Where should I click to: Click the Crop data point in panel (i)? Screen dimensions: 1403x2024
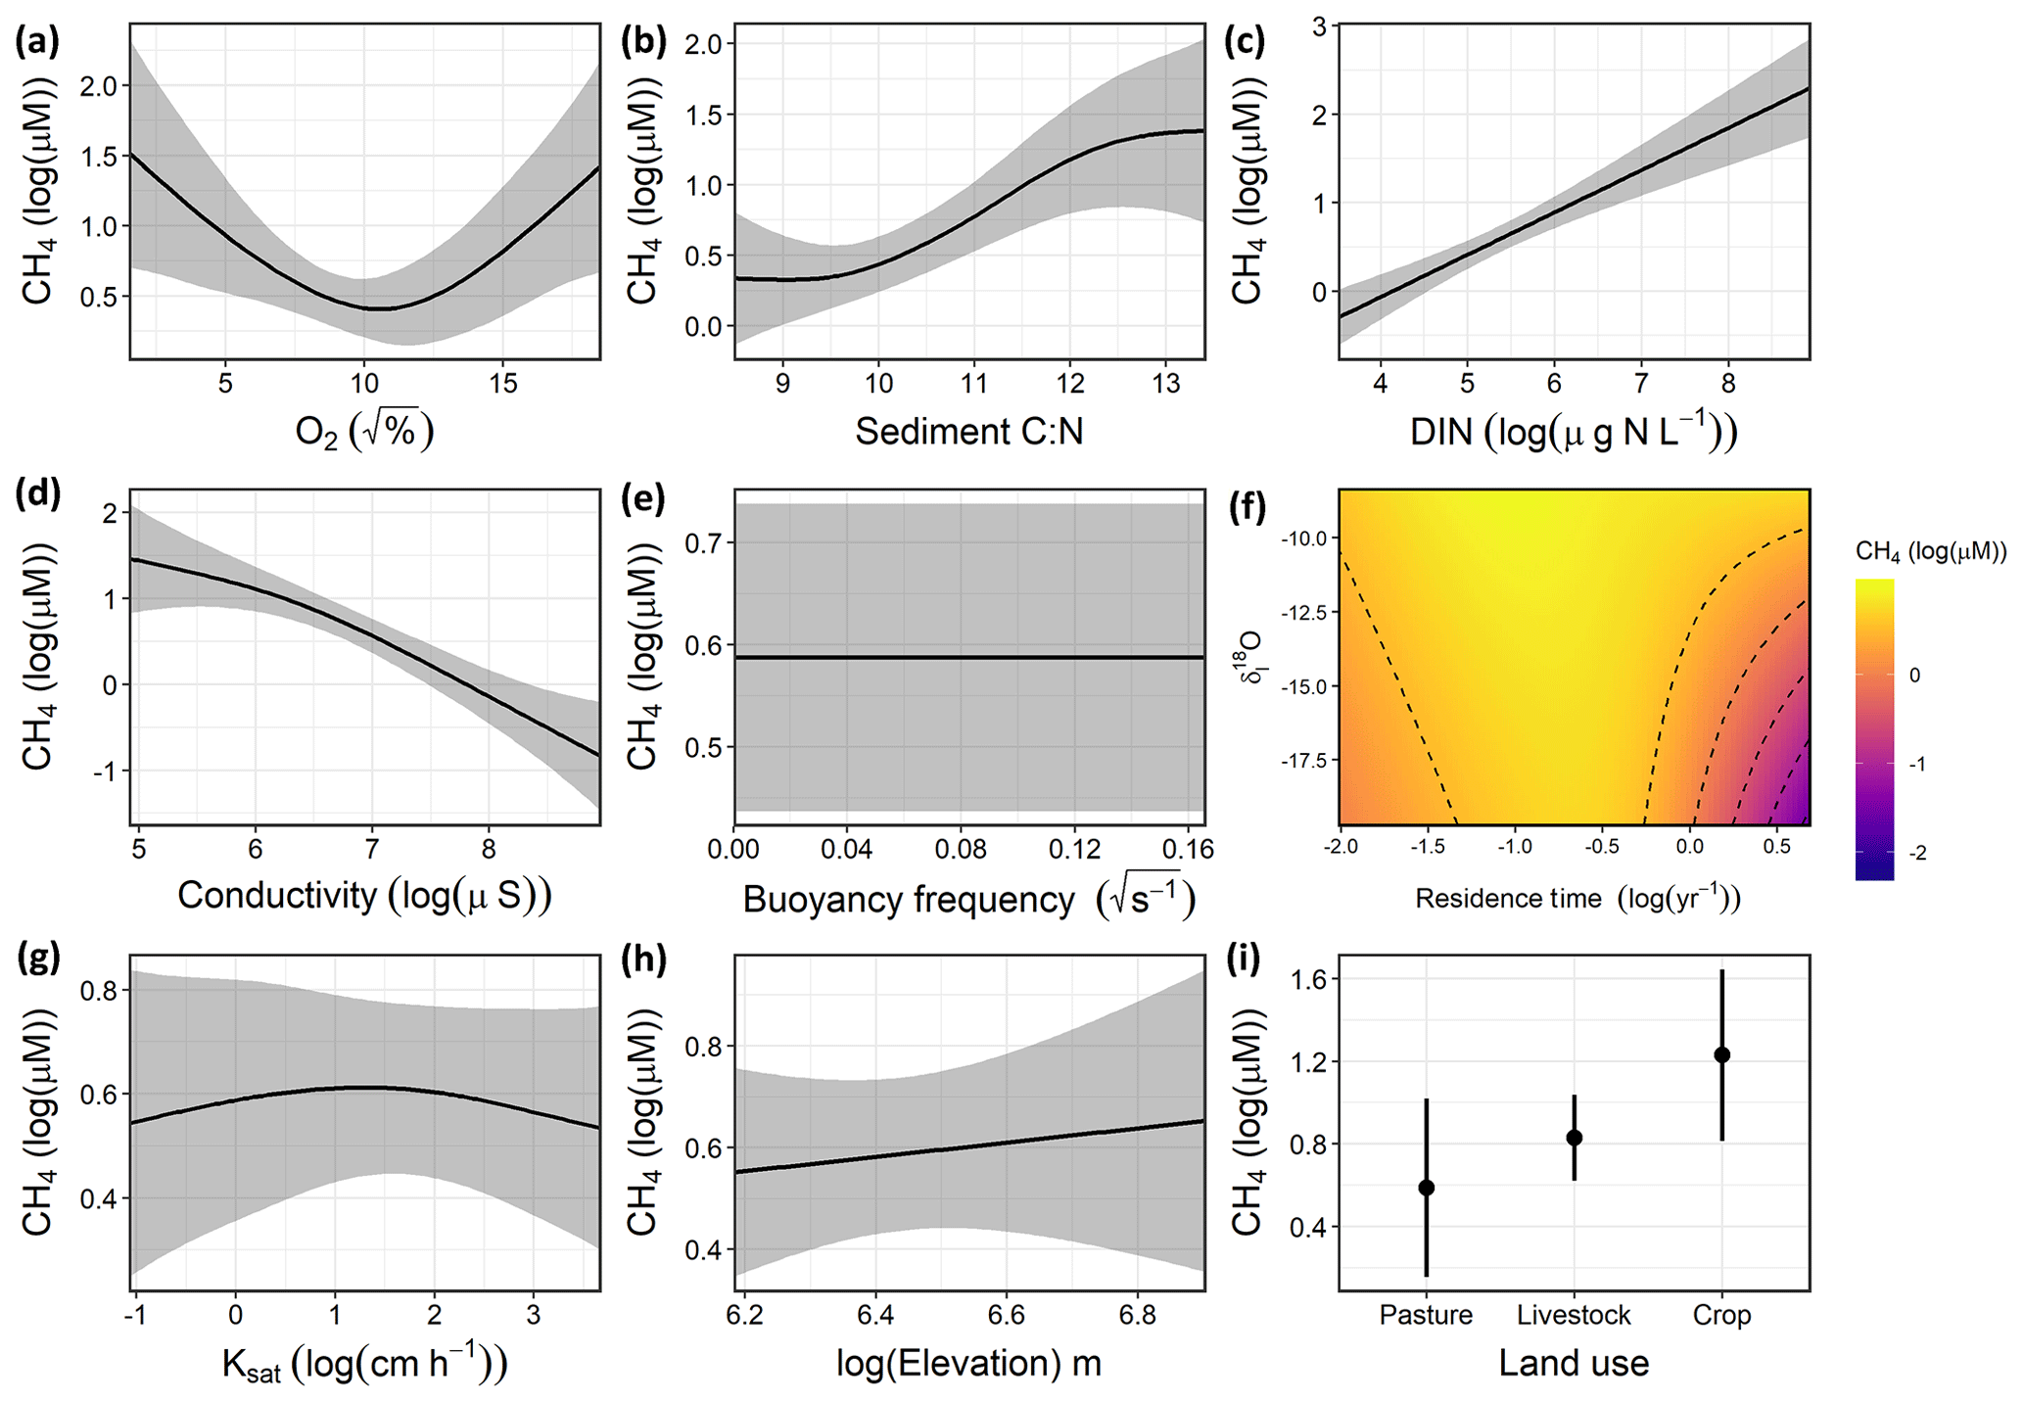[1721, 1054]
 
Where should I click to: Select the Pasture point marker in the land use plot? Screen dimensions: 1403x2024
[1427, 1188]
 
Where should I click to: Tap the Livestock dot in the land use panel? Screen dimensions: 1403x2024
[1575, 1138]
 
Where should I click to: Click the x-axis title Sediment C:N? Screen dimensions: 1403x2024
[968, 432]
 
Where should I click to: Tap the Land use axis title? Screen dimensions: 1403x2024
[1574, 1362]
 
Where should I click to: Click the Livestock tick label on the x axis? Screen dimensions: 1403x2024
[1574, 1314]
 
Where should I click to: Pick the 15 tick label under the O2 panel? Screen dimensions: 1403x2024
[503, 383]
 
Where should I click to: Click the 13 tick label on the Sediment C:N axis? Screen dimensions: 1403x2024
[1166, 383]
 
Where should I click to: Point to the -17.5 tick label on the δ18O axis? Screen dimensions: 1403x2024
[1303, 761]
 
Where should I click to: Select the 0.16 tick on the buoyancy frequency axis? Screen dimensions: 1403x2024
[1189, 848]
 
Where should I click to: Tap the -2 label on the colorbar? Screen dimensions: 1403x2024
[1917, 853]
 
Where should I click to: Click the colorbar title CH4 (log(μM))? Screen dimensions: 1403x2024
[1930, 552]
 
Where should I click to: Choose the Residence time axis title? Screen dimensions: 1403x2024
[1577, 898]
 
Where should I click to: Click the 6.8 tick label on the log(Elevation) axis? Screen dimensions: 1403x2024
[1138, 1314]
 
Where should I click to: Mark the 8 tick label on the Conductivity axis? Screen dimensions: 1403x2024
[489, 848]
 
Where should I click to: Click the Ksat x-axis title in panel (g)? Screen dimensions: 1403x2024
[364, 1364]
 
